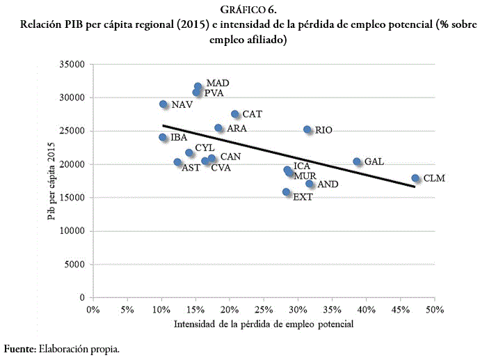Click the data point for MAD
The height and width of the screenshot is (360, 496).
(x=198, y=87)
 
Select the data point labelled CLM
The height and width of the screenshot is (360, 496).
(x=415, y=178)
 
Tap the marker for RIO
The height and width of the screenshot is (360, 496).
(x=307, y=130)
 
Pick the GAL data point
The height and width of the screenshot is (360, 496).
(x=357, y=162)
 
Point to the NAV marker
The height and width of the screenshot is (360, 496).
(x=163, y=104)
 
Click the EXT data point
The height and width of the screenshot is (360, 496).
(x=287, y=192)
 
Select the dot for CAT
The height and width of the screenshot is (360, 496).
(x=235, y=114)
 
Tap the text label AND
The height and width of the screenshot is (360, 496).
(x=328, y=185)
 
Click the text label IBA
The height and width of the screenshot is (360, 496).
(x=179, y=138)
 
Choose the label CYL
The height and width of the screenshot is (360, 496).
(x=205, y=148)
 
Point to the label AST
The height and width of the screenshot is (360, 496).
(x=191, y=168)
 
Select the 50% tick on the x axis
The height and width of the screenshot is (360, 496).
(x=435, y=309)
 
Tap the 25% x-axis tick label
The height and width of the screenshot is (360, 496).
(x=264, y=309)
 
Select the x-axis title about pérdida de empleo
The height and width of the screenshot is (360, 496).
(x=264, y=324)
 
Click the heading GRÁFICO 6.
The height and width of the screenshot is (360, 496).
(x=248, y=10)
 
